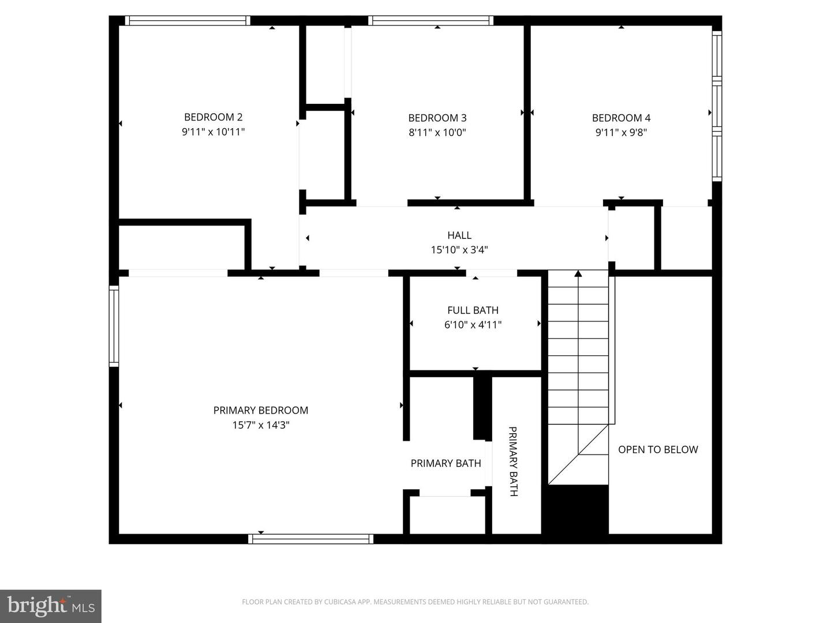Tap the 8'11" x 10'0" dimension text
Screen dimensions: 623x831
(x=437, y=133)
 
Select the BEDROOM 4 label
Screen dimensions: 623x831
(x=621, y=118)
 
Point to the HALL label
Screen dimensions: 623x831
(x=459, y=235)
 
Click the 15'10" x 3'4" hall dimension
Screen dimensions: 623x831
(x=459, y=250)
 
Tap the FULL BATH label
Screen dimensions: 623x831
(x=473, y=310)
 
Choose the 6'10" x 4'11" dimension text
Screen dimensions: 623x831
(x=473, y=325)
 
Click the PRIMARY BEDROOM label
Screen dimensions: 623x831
(x=261, y=410)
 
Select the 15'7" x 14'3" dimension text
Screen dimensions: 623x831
(x=261, y=425)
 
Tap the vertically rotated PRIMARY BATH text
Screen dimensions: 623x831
(x=513, y=461)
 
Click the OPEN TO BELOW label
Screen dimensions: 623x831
(x=658, y=449)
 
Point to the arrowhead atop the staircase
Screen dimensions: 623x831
(x=578, y=273)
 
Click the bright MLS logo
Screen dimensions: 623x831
(x=51, y=606)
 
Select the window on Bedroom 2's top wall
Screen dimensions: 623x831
(x=188, y=21)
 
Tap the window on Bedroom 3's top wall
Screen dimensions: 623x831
(x=431, y=21)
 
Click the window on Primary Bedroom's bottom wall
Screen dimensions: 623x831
(x=311, y=539)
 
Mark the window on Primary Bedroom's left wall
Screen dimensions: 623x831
(x=114, y=326)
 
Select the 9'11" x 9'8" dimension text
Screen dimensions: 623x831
(x=621, y=133)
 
